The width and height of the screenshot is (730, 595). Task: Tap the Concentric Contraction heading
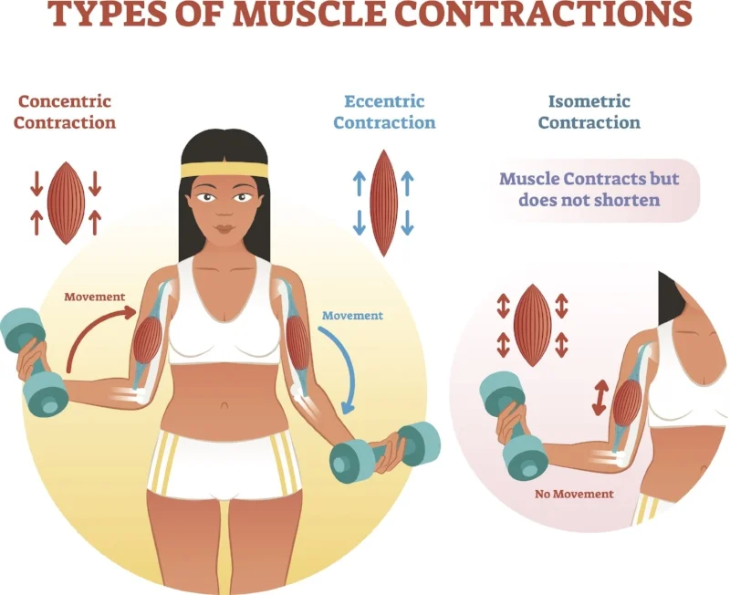[x=64, y=111]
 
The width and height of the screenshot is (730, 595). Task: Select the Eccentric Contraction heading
[x=384, y=111]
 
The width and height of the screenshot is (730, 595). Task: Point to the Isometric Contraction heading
[x=589, y=111]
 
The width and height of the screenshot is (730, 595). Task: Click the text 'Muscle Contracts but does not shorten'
[x=589, y=189]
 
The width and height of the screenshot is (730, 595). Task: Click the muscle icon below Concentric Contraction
[x=66, y=203]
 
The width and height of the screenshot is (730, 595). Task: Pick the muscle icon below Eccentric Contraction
[x=383, y=203]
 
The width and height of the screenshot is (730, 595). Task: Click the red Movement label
[x=95, y=297]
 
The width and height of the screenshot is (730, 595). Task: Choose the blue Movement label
[x=352, y=316]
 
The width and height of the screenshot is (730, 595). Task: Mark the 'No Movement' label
[x=574, y=494]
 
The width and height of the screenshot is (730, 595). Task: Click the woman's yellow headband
[x=224, y=170]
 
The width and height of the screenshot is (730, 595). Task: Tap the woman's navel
[x=224, y=405]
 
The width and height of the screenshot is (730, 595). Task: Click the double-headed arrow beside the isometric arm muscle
[x=600, y=398]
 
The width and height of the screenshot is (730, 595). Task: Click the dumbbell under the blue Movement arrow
[x=384, y=452]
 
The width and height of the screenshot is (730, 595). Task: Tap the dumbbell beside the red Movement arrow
[x=34, y=361]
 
